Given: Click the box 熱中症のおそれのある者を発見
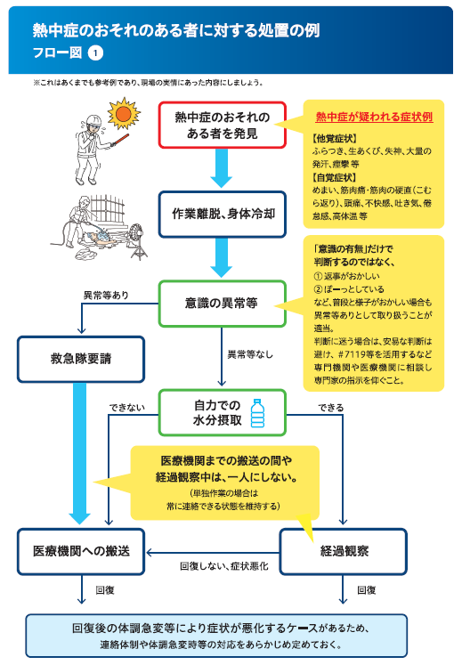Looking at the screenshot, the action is point(223,126).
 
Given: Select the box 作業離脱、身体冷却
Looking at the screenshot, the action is point(223,215).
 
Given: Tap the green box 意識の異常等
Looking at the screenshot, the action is point(223,304).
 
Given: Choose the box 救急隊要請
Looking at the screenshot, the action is point(81,360).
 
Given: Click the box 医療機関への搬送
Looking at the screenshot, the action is point(81,551).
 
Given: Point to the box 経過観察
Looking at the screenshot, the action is point(344,551).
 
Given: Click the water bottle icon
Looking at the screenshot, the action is point(257,413).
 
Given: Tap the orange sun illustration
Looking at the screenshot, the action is point(124,113).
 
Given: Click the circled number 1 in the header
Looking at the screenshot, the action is point(95,53).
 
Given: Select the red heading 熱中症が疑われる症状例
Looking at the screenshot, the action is point(374,117).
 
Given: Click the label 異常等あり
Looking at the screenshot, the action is point(106,296).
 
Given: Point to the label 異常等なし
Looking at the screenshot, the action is point(250,354).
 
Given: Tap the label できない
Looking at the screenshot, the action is point(126,408).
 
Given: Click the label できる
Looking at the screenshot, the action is point(331,408).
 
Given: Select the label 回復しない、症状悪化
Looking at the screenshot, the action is point(224,566).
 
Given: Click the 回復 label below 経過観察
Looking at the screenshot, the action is point(367,590).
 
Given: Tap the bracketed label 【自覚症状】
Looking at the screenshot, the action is point(334,177).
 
